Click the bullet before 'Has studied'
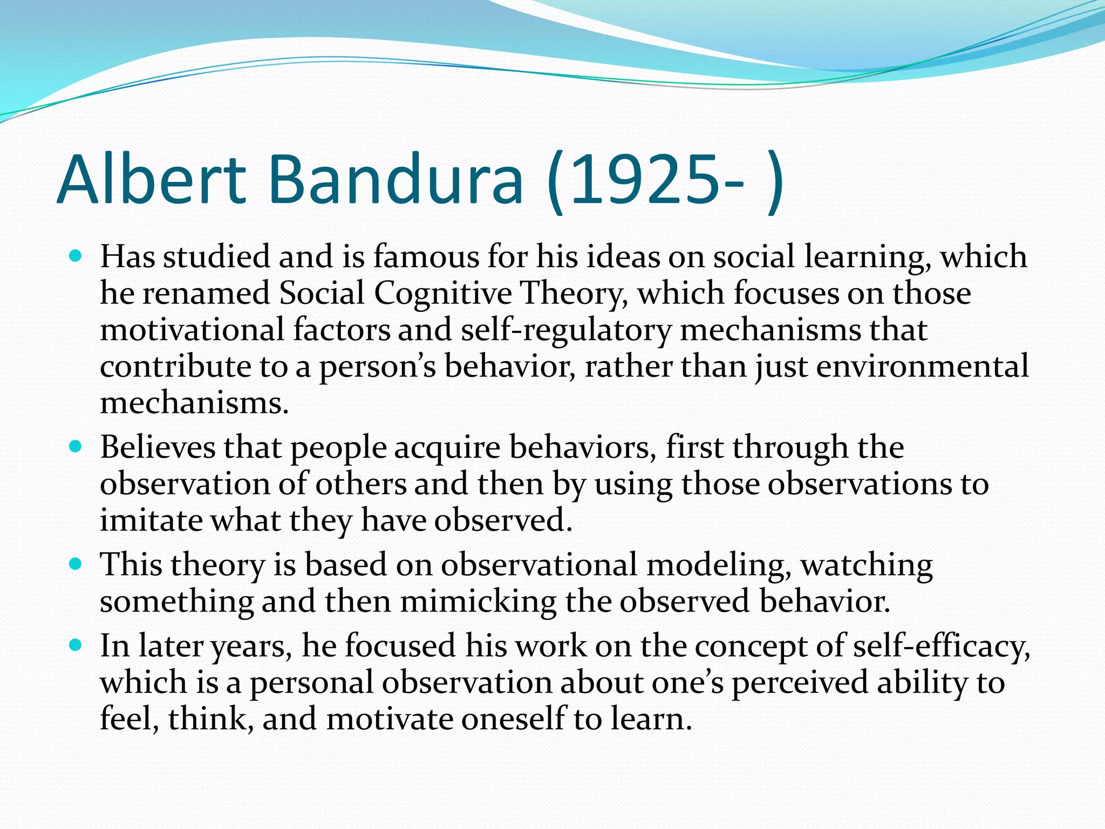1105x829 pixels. pyautogui.click(x=76, y=255)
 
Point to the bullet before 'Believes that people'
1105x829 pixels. pyautogui.click(x=76, y=446)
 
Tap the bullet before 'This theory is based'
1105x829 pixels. pyautogui.click(x=76, y=564)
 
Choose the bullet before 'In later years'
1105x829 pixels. pyautogui.click(x=76, y=645)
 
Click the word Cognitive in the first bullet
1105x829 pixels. pyautogui.click(x=442, y=294)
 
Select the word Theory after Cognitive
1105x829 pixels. pyautogui.click(x=574, y=294)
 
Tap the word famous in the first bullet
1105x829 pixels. pyautogui.click(x=426, y=256)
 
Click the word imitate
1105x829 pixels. pyautogui.click(x=151, y=520)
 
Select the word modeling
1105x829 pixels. pyautogui.click(x=718, y=566)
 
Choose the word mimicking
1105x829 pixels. pyautogui.click(x=478, y=602)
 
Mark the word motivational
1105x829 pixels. pyautogui.click(x=192, y=330)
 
